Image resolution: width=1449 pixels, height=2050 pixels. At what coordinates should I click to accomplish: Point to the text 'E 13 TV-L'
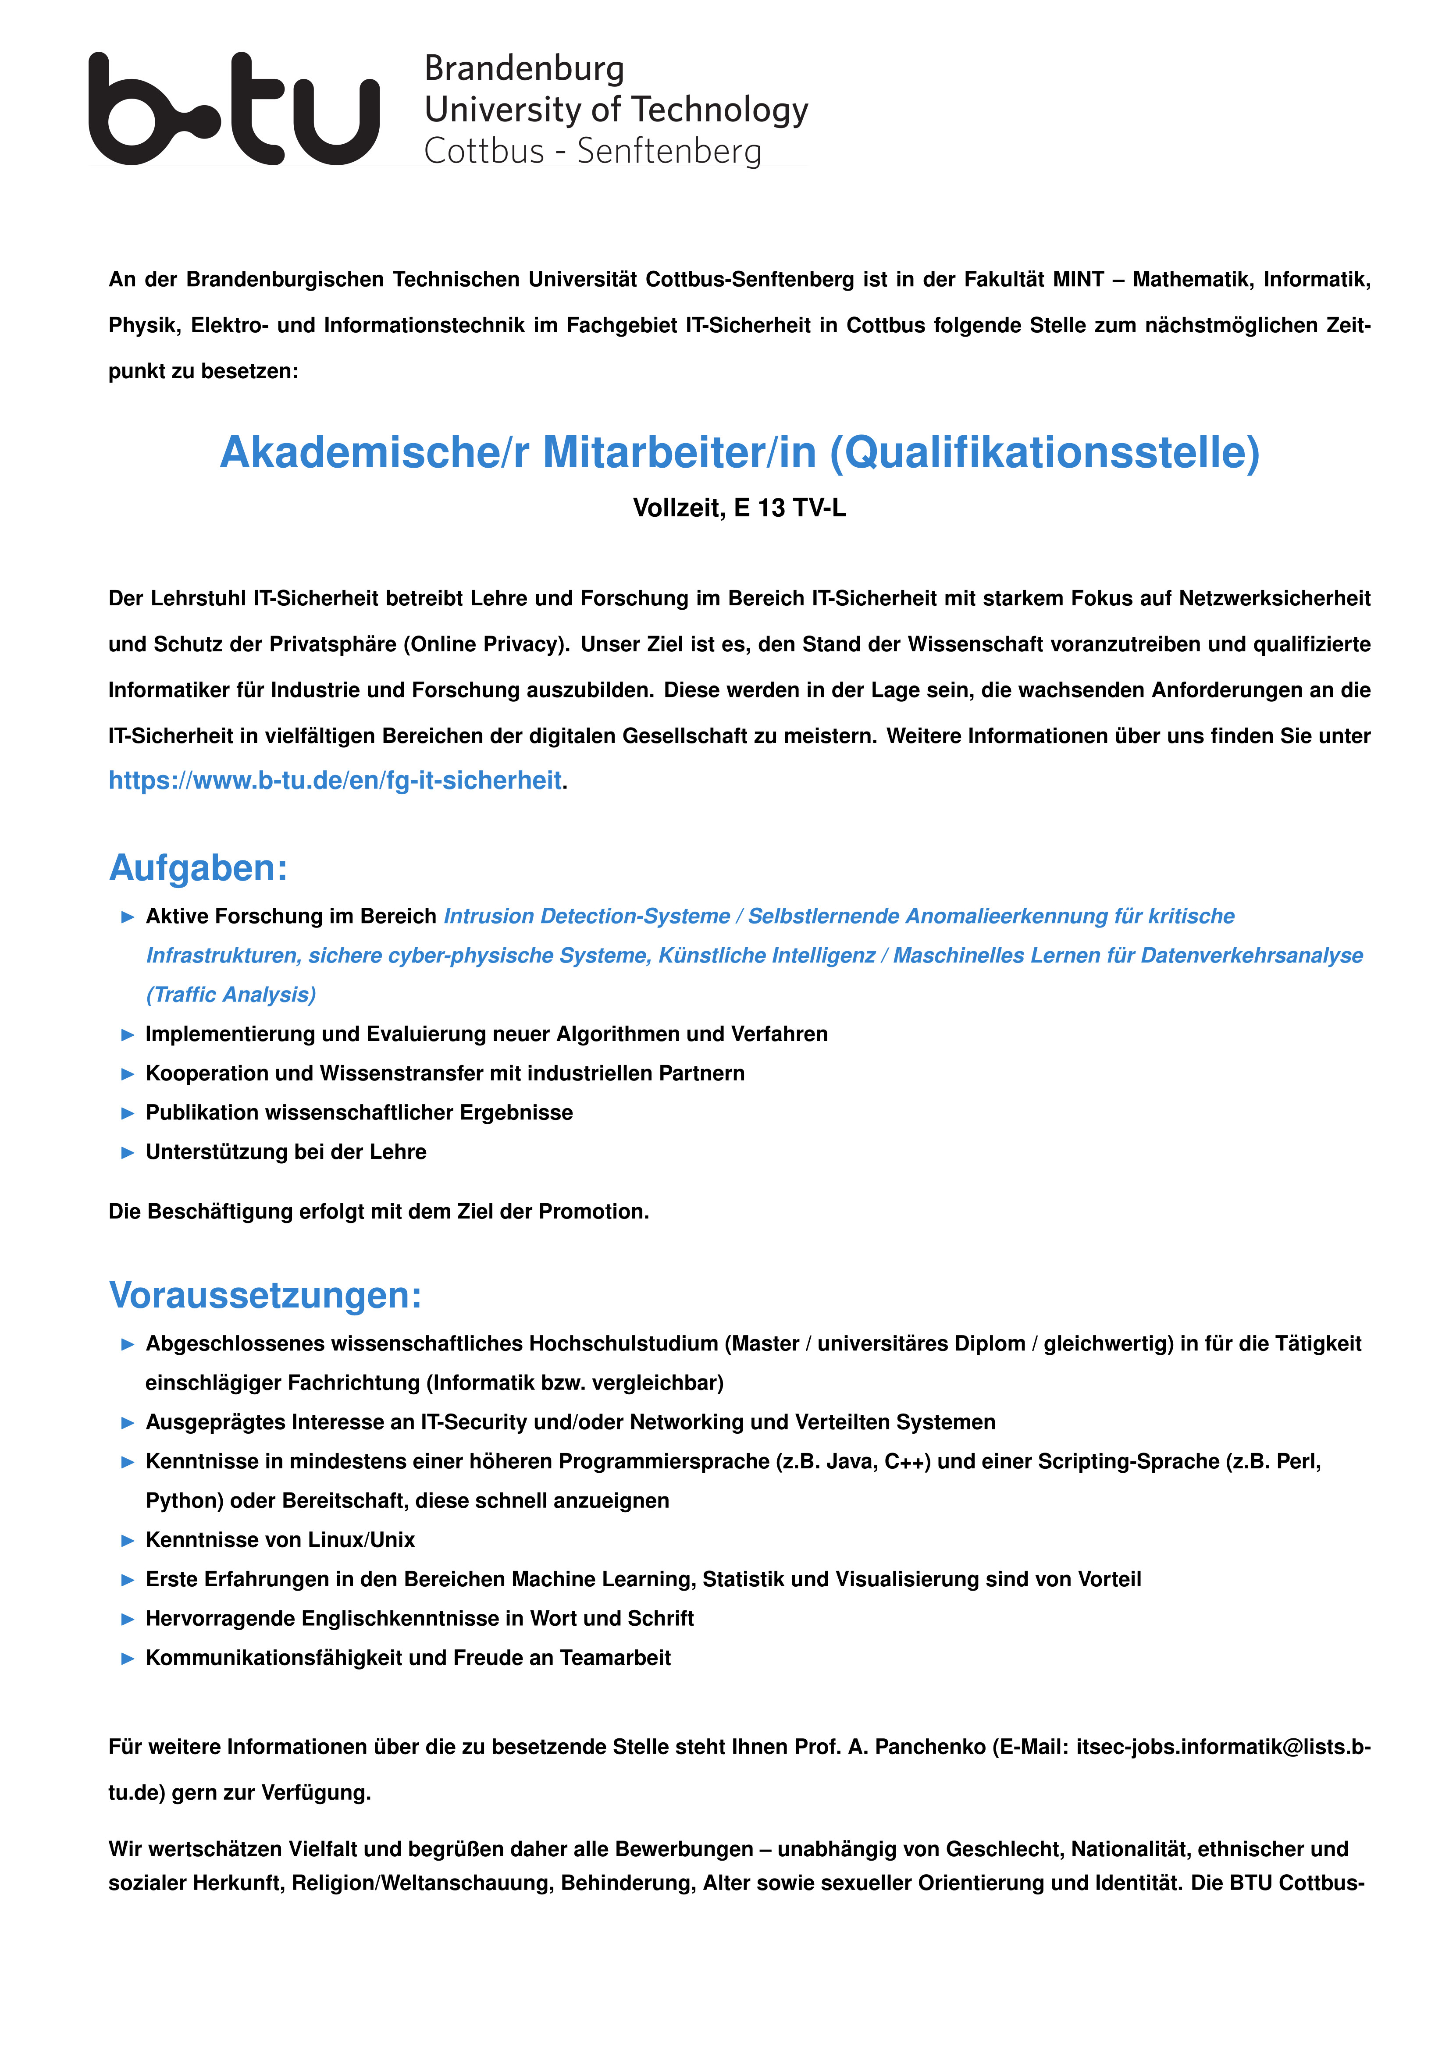[x=790, y=508]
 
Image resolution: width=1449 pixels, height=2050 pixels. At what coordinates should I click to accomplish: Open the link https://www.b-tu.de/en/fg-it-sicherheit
[x=335, y=780]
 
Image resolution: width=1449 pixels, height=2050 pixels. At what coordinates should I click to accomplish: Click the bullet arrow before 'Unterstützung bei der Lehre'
[x=128, y=1153]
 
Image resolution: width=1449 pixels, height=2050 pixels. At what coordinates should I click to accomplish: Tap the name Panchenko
[x=930, y=1747]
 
